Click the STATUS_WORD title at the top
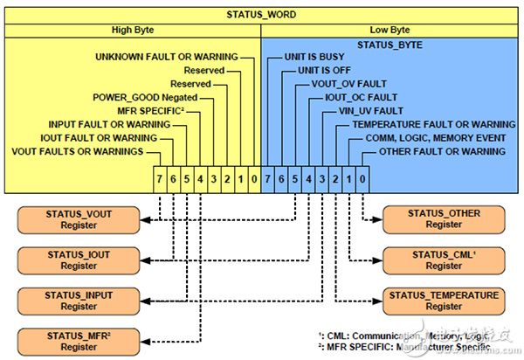(x=261, y=13)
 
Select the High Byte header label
(x=133, y=29)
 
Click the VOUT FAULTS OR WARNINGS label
(x=77, y=151)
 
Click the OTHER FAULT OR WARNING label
(x=441, y=151)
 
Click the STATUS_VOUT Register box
(x=79, y=218)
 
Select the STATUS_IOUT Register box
(x=79, y=260)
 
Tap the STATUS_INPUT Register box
(x=79, y=300)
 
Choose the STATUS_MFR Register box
(x=79, y=339)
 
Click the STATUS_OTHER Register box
(x=445, y=218)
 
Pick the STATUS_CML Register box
(x=445, y=260)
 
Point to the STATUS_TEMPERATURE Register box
(x=445, y=300)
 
